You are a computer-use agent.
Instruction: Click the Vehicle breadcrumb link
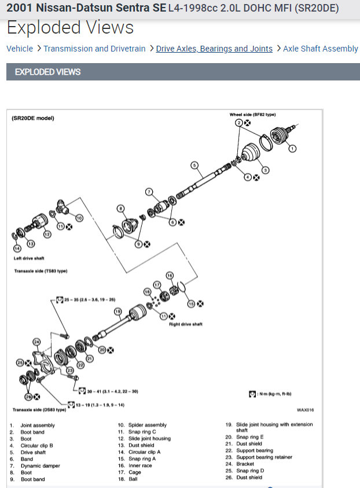click(20, 49)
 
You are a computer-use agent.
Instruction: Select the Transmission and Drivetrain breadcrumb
click(94, 49)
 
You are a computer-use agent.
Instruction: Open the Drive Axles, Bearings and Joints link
click(214, 49)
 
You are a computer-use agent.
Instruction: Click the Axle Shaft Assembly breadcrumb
click(321, 49)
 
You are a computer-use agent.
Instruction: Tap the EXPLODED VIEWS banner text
click(47, 72)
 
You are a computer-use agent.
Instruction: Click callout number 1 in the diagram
click(292, 149)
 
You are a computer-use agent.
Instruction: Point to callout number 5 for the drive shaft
click(195, 166)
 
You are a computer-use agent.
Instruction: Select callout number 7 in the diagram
click(149, 192)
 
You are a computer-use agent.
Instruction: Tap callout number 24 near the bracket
click(37, 342)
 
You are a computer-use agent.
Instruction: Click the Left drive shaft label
click(29, 258)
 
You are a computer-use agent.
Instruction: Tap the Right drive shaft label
click(185, 324)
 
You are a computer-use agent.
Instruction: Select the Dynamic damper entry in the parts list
click(41, 465)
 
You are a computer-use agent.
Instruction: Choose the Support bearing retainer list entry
click(264, 457)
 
